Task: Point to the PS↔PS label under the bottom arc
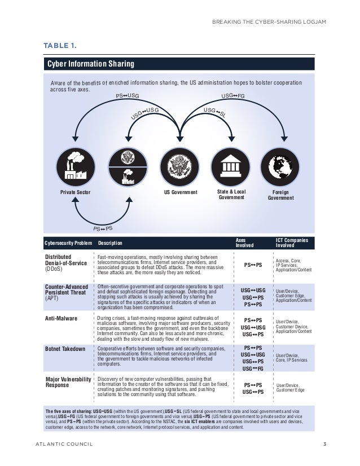(x=103, y=228)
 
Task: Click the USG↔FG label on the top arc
(x=232, y=96)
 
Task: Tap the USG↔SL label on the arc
(x=214, y=112)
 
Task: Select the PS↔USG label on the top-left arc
(x=128, y=96)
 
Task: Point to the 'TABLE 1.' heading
(x=60, y=45)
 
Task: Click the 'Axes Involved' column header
(x=244, y=243)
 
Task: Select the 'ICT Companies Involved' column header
(x=291, y=243)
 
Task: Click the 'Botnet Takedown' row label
(x=65, y=349)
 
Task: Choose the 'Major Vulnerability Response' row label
(x=68, y=382)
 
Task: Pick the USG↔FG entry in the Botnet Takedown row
(x=253, y=368)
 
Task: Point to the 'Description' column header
(x=110, y=244)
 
